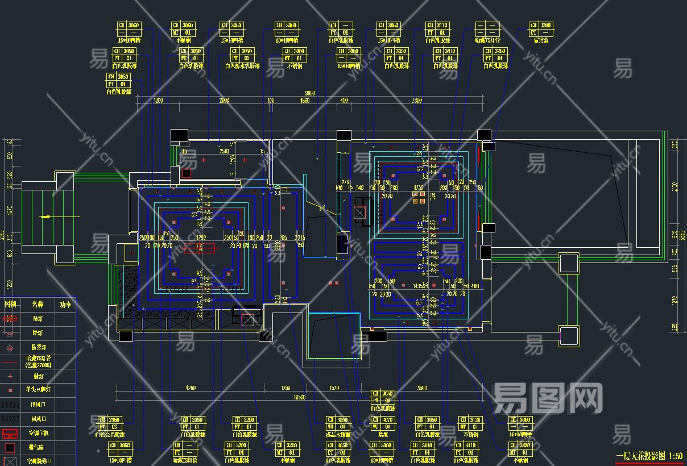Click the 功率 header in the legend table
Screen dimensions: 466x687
pos(65,304)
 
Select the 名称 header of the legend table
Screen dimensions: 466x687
pos(38,304)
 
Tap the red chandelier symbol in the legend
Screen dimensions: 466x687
pos(10,319)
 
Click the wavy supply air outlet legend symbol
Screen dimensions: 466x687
pos(10,405)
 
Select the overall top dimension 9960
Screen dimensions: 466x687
pos(310,93)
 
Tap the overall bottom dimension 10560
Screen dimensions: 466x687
pos(298,397)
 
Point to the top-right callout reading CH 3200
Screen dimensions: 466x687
pos(541,29)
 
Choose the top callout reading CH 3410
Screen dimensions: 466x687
pos(445,55)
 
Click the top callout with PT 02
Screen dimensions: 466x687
pos(241,55)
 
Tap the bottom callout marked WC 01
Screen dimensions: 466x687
pos(386,423)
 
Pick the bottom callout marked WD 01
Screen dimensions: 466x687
pos(337,423)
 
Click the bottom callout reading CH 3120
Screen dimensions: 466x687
pos(470,423)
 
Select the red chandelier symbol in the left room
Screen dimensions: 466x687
pos(200,247)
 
